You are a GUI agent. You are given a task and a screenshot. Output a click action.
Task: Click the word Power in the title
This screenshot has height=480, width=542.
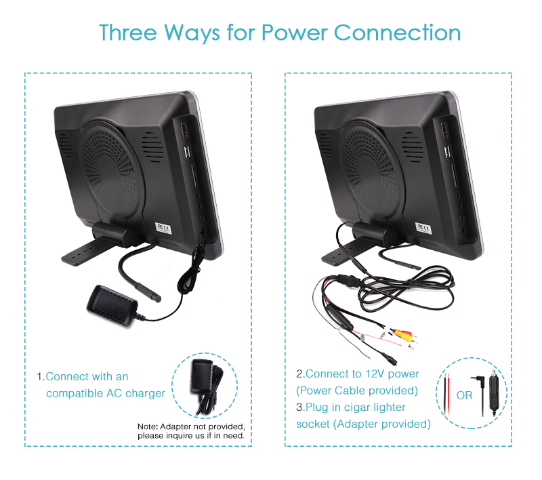click(294, 33)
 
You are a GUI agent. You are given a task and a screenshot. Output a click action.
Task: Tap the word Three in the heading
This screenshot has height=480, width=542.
click(128, 33)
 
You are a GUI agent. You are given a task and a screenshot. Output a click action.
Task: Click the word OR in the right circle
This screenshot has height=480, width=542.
click(464, 395)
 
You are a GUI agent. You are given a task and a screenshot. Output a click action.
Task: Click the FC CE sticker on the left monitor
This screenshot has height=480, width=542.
click(163, 228)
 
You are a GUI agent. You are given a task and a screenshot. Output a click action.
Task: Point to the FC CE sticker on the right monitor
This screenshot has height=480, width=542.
click(423, 228)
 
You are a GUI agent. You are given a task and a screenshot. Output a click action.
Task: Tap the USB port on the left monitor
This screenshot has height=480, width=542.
click(188, 153)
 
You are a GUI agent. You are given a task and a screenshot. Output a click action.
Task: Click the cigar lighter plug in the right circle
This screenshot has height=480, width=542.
click(494, 393)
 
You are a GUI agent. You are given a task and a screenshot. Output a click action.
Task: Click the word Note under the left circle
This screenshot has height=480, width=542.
click(148, 426)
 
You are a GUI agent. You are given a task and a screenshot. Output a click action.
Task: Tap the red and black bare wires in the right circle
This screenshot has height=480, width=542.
click(447, 394)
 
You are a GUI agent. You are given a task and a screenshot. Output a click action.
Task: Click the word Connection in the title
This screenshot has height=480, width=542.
click(397, 33)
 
